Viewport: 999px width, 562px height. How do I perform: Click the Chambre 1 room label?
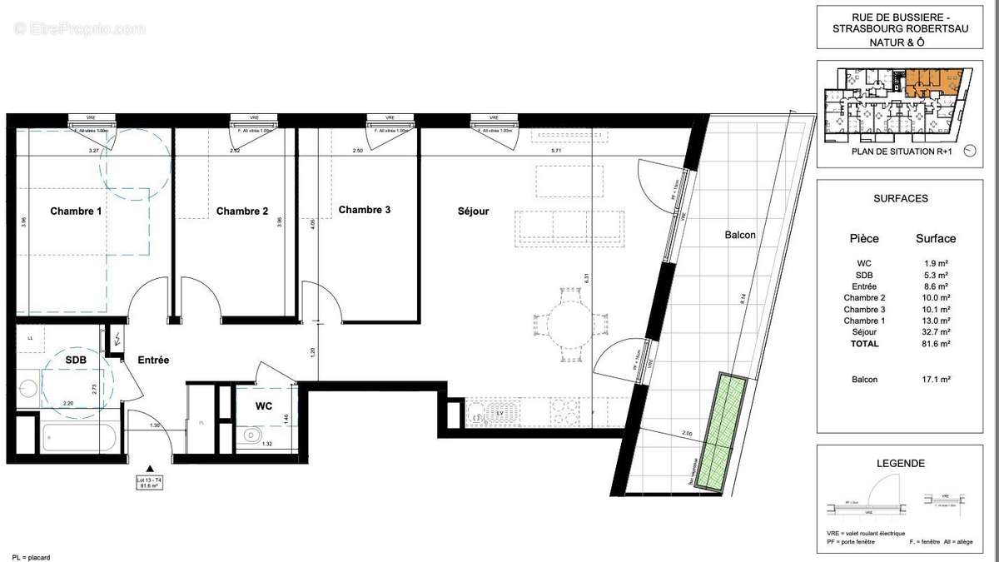coord(76,211)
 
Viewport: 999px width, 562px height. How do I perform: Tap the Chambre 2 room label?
coord(242,211)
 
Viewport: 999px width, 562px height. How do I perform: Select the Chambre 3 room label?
coord(364,210)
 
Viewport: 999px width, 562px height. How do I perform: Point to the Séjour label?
coord(473,211)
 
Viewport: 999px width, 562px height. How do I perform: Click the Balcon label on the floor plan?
coord(740,236)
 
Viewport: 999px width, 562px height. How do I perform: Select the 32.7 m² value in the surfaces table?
coord(936,332)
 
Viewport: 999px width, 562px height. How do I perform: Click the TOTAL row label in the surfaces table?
coord(863,343)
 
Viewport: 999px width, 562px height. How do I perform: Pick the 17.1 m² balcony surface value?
coord(936,379)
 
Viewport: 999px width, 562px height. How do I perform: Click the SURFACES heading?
coord(900,199)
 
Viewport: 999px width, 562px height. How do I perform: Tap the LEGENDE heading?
coord(900,464)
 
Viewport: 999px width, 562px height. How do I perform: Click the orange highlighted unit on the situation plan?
coord(934,81)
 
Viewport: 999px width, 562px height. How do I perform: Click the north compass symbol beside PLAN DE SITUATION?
coord(969,152)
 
